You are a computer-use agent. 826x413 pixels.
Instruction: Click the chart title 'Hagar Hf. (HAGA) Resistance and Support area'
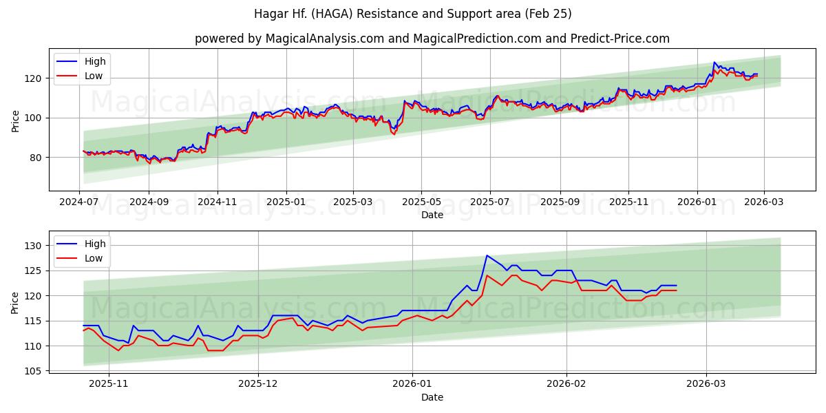click(x=412, y=14)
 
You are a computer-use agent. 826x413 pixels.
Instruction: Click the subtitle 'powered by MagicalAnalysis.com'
click(x=289, y=39)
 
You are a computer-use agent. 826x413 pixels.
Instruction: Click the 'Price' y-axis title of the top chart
click(x=16, y=120)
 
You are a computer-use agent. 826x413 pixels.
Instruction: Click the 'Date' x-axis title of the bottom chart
click(x=432, y=397)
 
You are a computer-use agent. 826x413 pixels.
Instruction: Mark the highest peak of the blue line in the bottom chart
click(x=487, y=255)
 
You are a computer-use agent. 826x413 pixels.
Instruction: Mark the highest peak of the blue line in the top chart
click(x=714, y=63)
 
